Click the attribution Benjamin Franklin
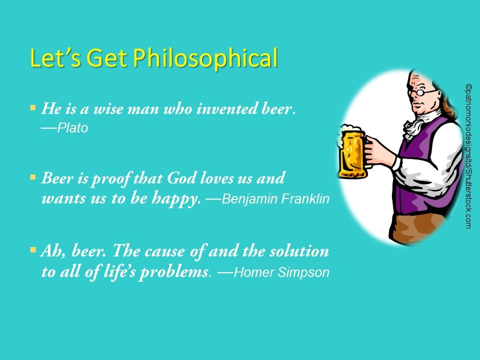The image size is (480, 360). (x=275, y=199)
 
